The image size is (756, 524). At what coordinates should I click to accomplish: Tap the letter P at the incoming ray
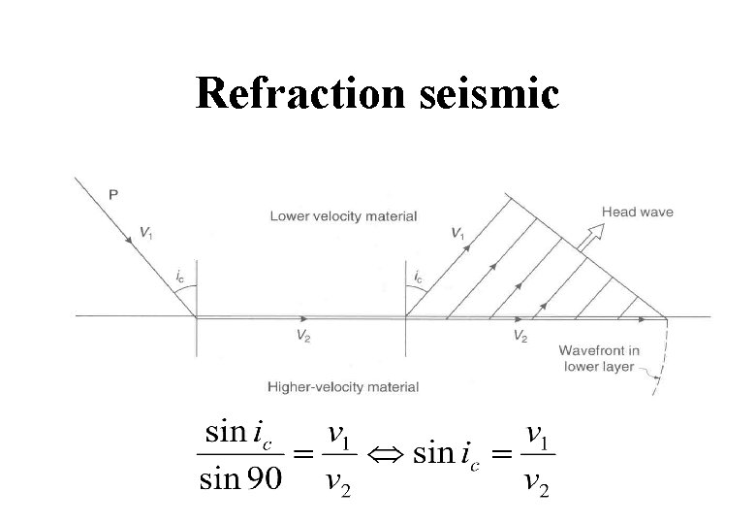[x=113, y=194]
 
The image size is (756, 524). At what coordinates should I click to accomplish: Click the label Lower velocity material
[x=343, y=216]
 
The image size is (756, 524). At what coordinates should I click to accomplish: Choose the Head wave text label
[x=637, y=213]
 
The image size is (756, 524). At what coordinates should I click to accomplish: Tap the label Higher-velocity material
[x=343, y=386]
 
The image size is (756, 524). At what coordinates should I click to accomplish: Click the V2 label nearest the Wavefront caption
[x=520, y=337]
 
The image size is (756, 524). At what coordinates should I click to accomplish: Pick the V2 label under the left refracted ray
[x=303, y=337]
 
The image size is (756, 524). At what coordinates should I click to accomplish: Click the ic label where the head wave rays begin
[x=418, y=278]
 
